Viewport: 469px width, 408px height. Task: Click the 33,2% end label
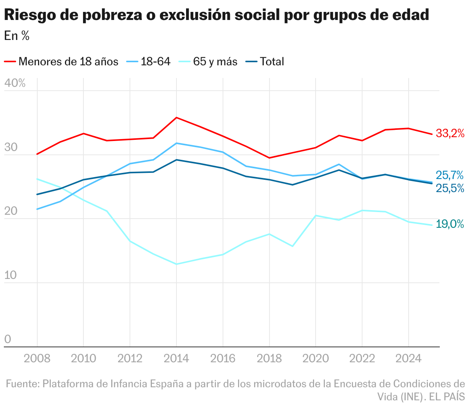point(450,134)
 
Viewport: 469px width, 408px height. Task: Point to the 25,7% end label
point(450,176)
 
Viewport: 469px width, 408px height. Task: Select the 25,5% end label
point(450,188)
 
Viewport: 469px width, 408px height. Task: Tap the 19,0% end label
point(450,224)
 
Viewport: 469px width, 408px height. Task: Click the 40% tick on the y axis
point(15,83)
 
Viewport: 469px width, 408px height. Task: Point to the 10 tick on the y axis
point(11,275)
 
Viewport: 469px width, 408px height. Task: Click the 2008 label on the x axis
point(37,358)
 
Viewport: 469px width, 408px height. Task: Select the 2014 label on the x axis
point(176,358)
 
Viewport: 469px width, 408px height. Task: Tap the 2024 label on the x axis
point(408,358)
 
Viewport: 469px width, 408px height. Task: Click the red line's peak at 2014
point(176,118)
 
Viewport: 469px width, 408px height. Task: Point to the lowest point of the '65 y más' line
point(176,264)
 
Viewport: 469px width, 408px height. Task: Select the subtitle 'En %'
point(17,36)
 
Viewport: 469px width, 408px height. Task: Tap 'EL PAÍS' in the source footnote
point(447,396)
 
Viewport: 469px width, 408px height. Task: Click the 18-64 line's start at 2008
point(37,209)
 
